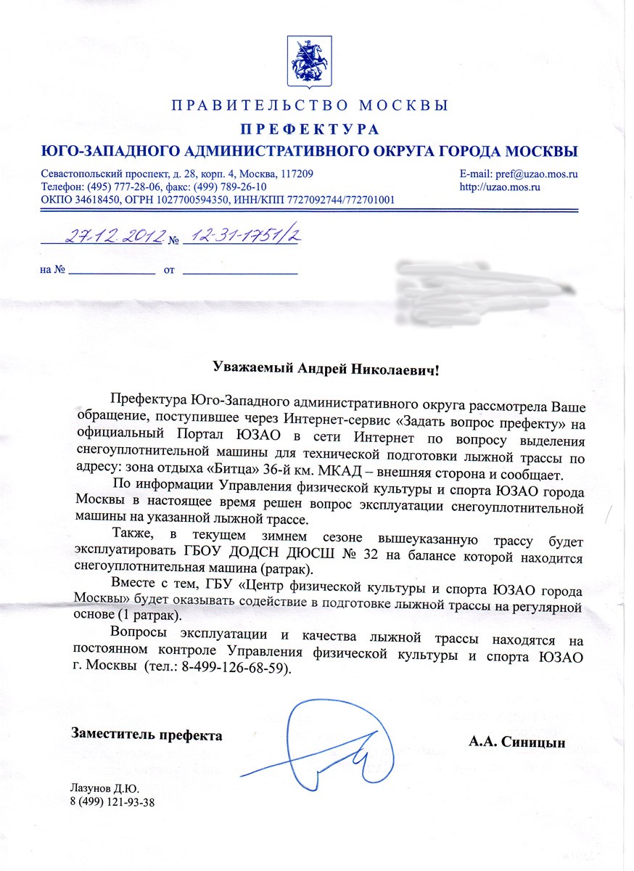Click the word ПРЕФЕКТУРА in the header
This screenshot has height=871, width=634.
[x=310, y=130]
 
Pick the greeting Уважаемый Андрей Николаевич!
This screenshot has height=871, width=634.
[x=326, y=369]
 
